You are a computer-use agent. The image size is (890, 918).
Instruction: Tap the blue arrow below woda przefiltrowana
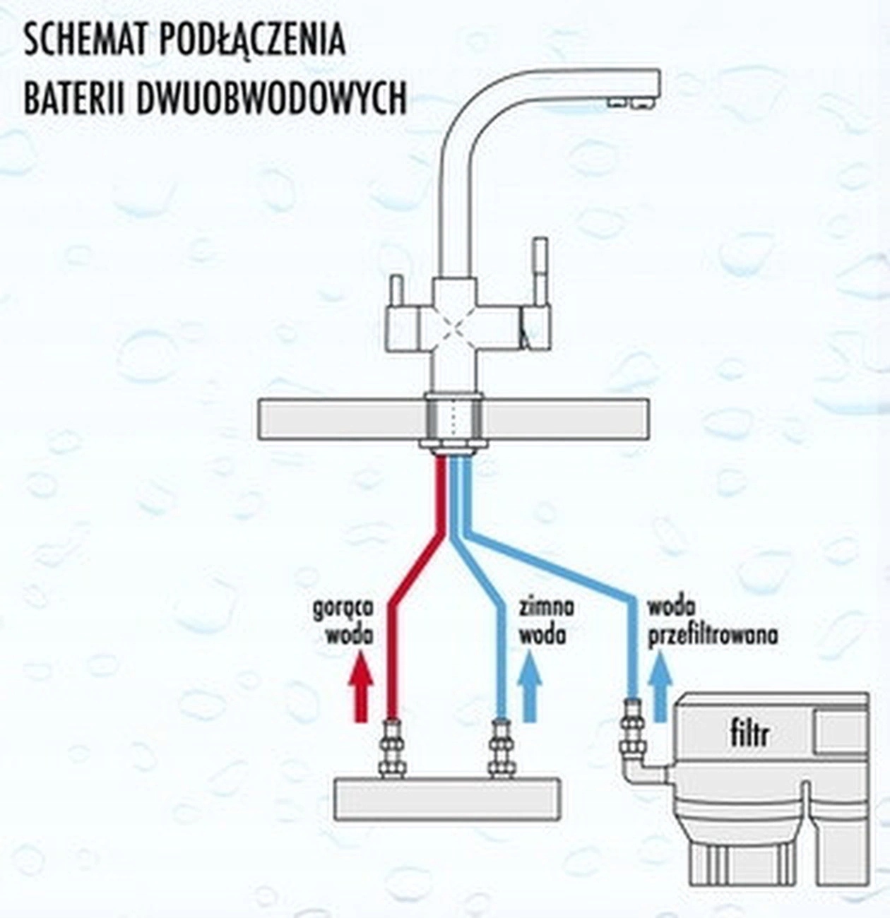coord(660,685)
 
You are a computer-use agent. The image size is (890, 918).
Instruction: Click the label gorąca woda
coord(344,621)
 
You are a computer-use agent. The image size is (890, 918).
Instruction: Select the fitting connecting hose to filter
coord(631,727)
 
